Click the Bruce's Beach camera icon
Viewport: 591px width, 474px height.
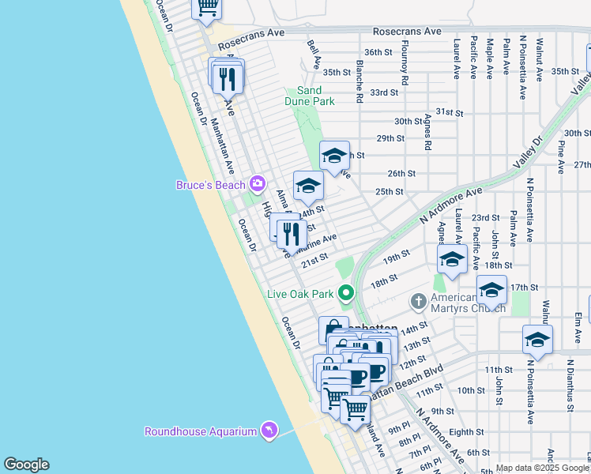coord(257,184)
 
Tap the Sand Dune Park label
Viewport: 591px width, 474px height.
coord(310,96)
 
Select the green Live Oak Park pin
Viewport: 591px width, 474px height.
coord(345,293)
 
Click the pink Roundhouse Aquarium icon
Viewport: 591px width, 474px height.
coord(269,431)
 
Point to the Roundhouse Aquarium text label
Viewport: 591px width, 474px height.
coord(201,431)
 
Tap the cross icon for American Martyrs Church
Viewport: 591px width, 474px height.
coord(419,301)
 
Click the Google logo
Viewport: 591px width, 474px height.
coord(26,465)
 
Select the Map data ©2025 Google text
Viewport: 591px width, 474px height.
coord(542,468)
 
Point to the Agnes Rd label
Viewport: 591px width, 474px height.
coord(427,131)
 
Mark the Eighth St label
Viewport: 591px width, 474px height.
coord(466,432)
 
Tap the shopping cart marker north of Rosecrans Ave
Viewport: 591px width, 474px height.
coord(207,6)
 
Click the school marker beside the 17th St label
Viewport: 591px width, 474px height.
coord(491,290)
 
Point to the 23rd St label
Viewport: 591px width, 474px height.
coord(485,217)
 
